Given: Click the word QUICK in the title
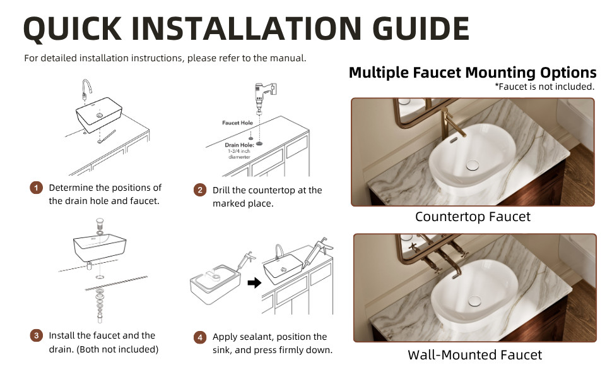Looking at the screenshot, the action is click(x=73, y=29).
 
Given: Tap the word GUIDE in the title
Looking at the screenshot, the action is click(x=421, y=28).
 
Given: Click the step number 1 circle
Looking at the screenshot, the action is click(x=37, y=188).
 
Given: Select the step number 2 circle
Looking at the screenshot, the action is click(x=200, y=190).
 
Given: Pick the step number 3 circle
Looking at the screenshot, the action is click(x=37, y=335).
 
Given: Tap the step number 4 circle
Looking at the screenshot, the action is click(x=200, y=337).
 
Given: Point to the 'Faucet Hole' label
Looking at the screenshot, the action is click(x=237, y=123).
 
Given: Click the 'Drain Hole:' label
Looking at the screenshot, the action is click(x=239, y=145).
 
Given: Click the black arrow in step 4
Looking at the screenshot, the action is click(x=254, y=282).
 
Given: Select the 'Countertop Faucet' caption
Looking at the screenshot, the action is click(x=473, y=217).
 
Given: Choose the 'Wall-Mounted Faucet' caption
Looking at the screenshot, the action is click(x=474, y=355).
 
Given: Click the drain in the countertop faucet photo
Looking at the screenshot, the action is click(x=473, y=165).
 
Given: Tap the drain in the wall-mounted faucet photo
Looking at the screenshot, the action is click(x=474, y=301).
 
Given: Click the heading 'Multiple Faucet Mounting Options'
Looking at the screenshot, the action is click(x=473, y=73).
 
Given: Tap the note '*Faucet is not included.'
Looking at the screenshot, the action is click(x=544, y=87).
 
